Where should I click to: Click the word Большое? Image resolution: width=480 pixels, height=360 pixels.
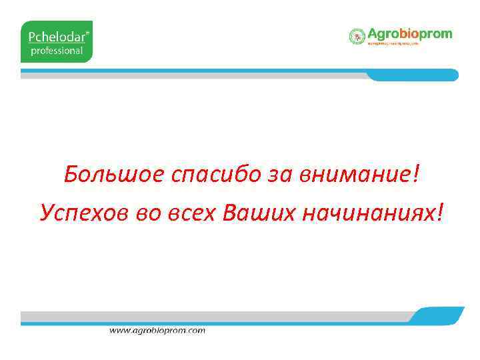[114, 176]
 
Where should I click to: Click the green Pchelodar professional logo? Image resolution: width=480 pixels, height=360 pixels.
[57, 41]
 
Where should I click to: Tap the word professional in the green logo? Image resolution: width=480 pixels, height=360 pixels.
[57, 50]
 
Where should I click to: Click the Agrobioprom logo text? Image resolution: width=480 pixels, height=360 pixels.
[410, 34]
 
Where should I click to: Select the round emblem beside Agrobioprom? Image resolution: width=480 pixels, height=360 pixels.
[357, 36]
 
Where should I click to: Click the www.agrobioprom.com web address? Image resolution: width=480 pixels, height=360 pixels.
[157, 330]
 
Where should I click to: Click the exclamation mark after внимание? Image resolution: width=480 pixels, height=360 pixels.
[417, 175]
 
